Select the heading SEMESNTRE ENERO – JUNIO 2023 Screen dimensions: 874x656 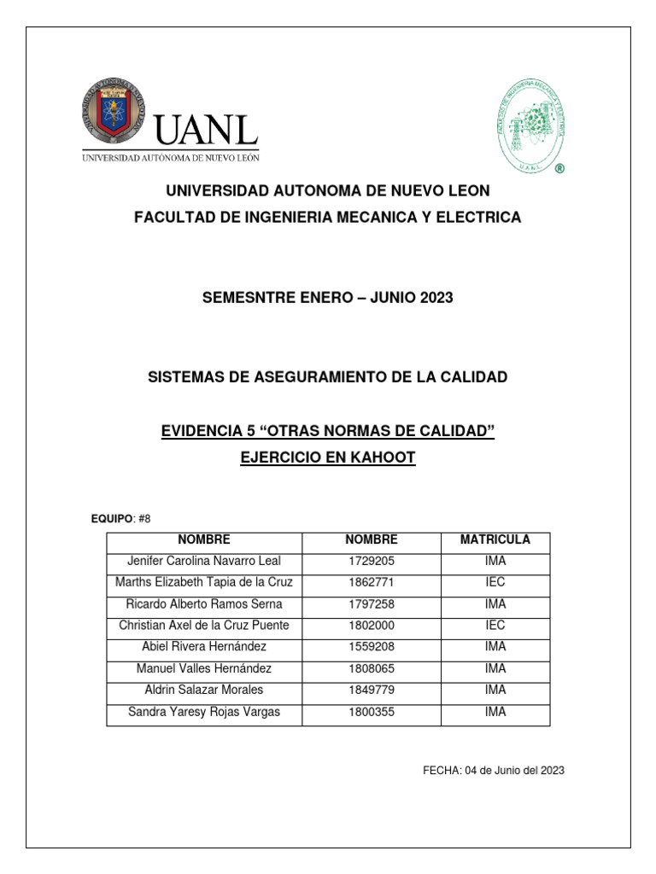tap(327, 298)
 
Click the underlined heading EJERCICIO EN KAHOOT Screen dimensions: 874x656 tap(328, 457)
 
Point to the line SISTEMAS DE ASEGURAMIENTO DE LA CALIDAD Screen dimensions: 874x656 tap(327, 377)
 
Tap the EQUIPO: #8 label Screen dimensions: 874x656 tap(120, 519)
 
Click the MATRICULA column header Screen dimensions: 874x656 tap(495, 540)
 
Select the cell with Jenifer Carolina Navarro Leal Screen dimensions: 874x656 tap(203, 562)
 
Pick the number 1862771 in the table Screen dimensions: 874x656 tap(371, 583)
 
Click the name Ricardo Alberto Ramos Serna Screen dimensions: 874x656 tap(203, 604)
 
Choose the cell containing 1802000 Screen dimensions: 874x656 tap(371, 626)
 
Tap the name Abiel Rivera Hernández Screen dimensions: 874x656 tap(203, 647)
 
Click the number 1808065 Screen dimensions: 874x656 tap(371, 668)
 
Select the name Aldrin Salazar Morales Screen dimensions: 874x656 tap(203, 690)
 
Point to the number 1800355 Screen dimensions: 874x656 tap(371, 712)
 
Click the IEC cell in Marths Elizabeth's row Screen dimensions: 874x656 tap(495, 583)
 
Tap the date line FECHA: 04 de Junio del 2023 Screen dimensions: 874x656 tap(494, 771)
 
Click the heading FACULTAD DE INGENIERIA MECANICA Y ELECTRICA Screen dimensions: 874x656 tap(327, 218)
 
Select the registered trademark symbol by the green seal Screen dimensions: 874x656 tap(559, 169)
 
